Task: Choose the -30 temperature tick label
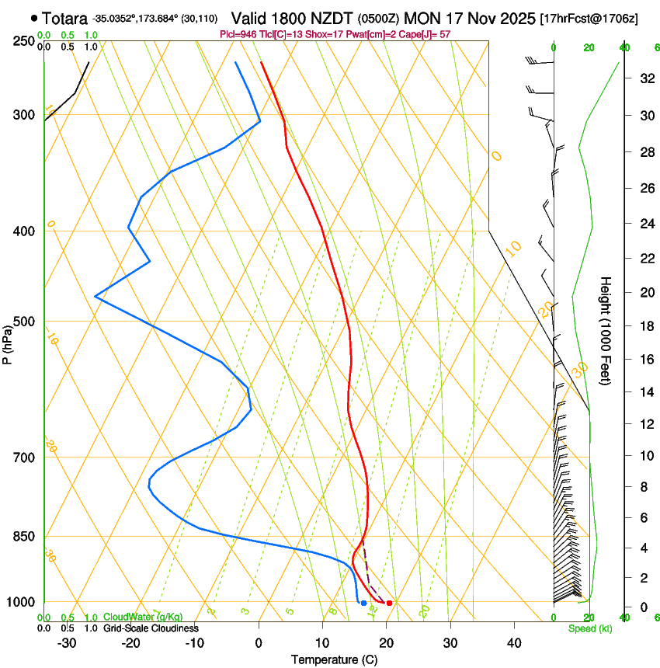click(67, 643)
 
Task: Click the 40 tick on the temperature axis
click(513, 643)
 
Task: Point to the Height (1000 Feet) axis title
click(606, 331)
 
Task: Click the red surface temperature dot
click(389, 603)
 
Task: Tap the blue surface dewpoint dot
click(363, 603)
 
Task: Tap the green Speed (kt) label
click(589, 628)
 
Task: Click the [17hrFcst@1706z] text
click(589, 18)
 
